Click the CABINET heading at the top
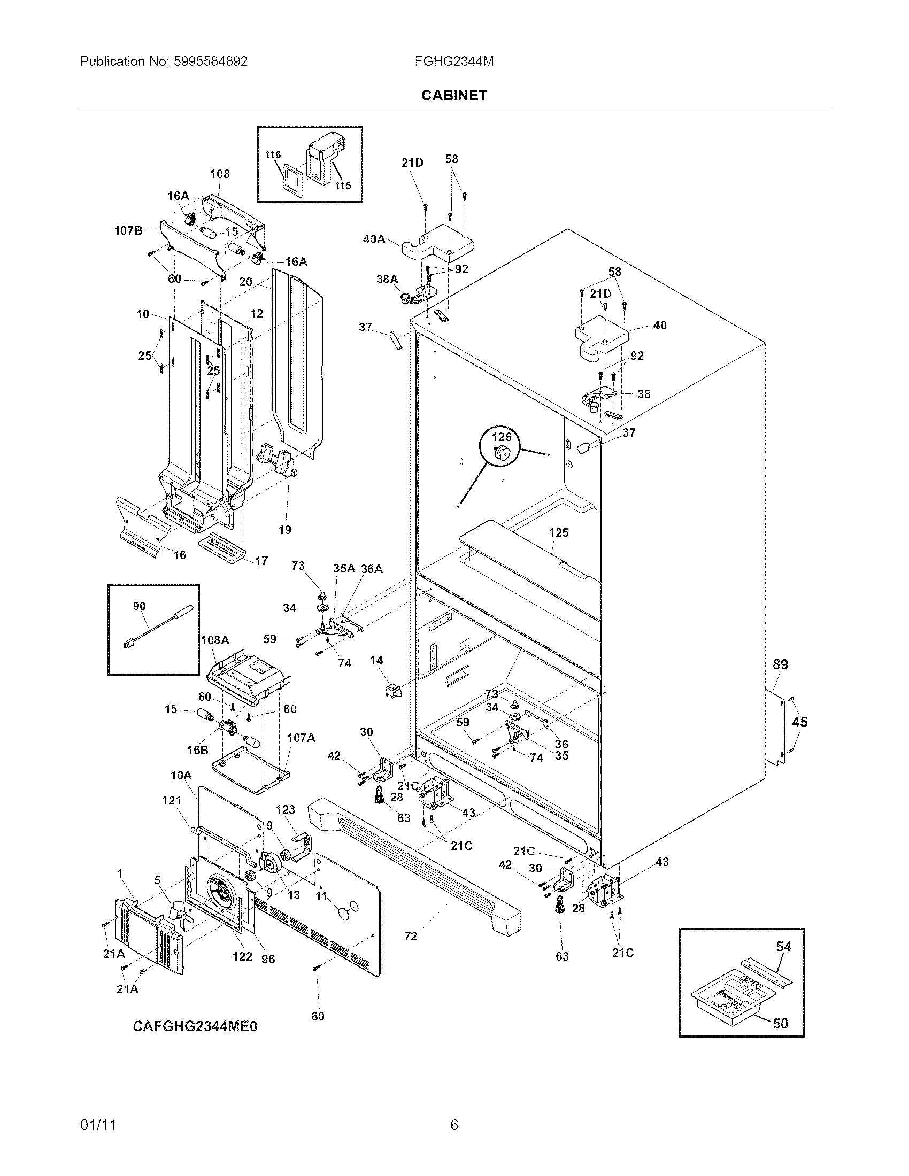[454, 95]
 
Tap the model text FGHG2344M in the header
[454, 61]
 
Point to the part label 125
[558, 532]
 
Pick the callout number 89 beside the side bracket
[780, 664]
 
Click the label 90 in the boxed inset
[139, 606]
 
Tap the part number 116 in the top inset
[273, 155]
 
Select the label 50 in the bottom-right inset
[780, 1023]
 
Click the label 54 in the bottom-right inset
[783, 946]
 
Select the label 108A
[215, 640]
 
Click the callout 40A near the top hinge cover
[374, 239]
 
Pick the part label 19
[285, 530]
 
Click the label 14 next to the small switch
[376, 661]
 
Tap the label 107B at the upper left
[128, 231]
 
